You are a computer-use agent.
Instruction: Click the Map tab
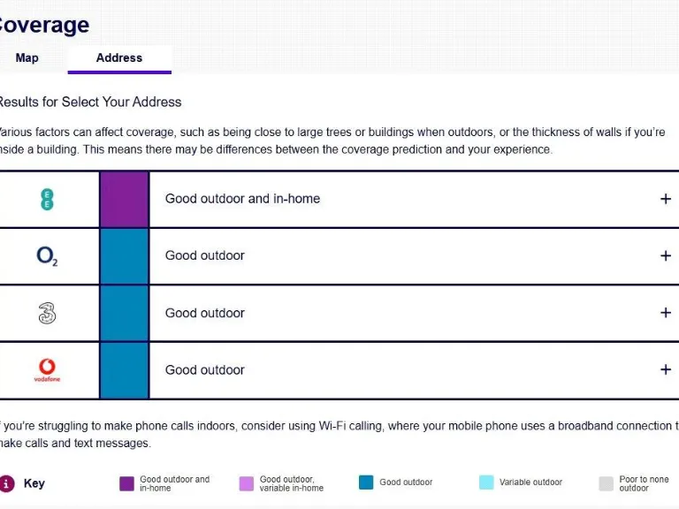click(x=27, y=58)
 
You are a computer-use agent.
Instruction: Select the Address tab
click(x=119, y=58)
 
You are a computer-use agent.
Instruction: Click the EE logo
click(x=47, y=199)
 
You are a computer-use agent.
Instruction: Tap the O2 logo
click(x=47, y=256)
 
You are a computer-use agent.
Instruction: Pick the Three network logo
click(x=47, y=313)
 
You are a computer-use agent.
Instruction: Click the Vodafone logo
click(x=47, y=369)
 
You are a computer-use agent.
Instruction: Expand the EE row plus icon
click(x=666, y=199)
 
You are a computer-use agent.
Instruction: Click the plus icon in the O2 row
click(x=666, y=256)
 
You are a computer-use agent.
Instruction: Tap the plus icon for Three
click(x=666, y=313)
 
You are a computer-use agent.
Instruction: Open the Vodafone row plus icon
click(x=666, y=369)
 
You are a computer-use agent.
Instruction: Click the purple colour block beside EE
click(x=124, y=199)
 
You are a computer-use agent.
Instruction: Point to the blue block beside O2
click(x=124, y=256)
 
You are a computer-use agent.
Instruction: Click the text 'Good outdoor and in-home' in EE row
click(x=242, y=199)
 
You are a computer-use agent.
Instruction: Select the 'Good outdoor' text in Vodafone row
click(x=204, y=370)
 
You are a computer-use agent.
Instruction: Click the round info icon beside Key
click(x=7, y=483)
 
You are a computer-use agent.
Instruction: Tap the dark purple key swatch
click(x=126, y=483)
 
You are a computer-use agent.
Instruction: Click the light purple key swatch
click(x=247, y=483)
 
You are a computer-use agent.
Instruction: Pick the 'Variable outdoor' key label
click(x=530, y=482)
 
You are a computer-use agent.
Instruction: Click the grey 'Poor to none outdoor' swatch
click(x=606, y=483)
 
